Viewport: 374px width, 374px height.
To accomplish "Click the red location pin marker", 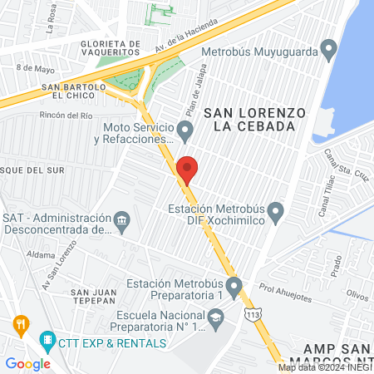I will (187, 169).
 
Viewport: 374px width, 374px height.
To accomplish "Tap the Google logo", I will (27, 363).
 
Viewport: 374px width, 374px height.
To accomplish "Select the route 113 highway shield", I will (251, 313).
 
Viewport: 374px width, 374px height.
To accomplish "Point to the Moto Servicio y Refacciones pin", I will (186, 130).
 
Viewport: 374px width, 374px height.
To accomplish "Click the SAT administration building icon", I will (122, 222).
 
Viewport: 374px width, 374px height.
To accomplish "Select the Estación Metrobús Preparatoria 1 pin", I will (234, 289).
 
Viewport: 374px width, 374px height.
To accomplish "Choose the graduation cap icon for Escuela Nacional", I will (216, 317).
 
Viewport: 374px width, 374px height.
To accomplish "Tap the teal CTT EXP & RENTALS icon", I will (47, 340).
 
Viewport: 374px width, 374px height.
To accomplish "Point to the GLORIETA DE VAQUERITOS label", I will (111, 50).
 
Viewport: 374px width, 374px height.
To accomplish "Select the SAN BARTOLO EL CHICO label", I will (72, 91).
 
